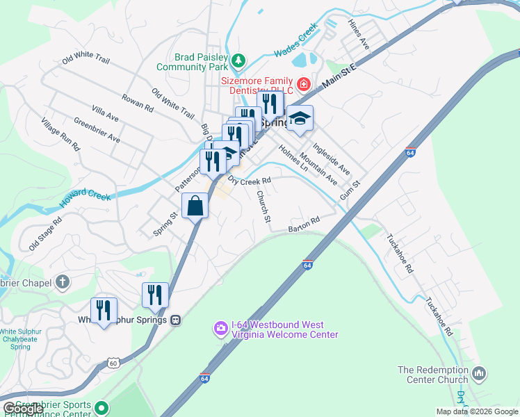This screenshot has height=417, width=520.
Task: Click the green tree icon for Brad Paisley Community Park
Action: point(238,60)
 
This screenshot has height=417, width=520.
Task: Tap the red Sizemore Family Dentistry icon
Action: point(303,85)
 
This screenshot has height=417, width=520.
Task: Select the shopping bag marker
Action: point(195,205)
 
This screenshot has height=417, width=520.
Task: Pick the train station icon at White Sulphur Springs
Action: point(177,320)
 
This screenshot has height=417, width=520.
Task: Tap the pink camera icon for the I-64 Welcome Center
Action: point(220,327)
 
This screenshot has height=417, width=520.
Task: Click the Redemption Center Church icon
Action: point(479,375)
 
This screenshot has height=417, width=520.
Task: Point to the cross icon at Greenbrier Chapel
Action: point(63,282)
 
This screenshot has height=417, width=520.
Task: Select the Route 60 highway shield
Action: point(113,362)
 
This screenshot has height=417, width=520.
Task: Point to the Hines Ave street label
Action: point(361,33)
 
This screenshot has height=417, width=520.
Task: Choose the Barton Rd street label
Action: point(304,224)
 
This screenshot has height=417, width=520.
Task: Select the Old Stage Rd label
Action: point(45,234)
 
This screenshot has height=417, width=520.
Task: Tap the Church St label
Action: point(263,206)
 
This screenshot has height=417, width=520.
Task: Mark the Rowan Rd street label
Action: point(138,103)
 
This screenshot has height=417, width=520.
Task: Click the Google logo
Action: point(22,409)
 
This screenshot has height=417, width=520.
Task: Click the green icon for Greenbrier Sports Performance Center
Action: point(102,407)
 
